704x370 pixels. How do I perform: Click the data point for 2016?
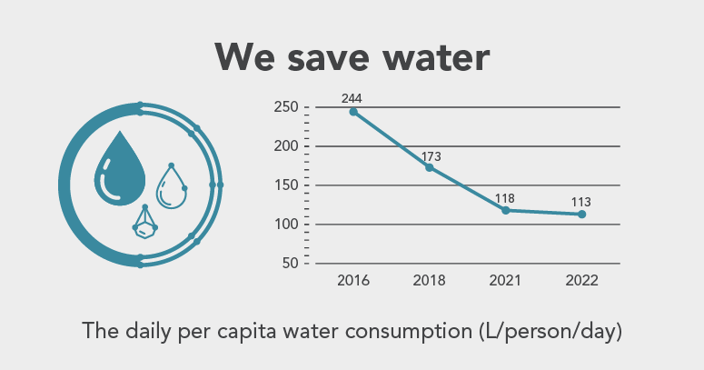click(x=353, y=112)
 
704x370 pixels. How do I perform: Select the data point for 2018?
click(x=430, y=167)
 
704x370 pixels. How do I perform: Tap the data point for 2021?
click(x=505, y=210)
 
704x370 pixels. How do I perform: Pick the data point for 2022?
click(x=581, y=214)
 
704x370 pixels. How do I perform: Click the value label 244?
click(x=352, y=97)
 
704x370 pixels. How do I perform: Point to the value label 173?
click(x=431, y=156)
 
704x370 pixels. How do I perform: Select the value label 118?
click(x=505, y=197)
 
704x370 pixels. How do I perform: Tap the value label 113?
click(x=582, y=202)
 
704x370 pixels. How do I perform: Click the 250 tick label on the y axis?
click(x=286, y=108)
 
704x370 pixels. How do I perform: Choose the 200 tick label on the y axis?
click(x=286, y=146)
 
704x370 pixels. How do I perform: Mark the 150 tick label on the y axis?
click(x=286, y=185)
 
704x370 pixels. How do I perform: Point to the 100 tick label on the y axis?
click(x=286, y=225)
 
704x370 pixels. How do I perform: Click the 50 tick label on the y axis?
click(x=290, y=264)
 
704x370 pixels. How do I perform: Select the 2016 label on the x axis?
click(x=352, y=281)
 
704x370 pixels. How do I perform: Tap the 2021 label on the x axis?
click(x=505, y=281)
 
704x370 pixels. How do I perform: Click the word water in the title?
click(x=428, y=57)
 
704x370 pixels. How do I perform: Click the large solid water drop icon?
click(x=120, y=166)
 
